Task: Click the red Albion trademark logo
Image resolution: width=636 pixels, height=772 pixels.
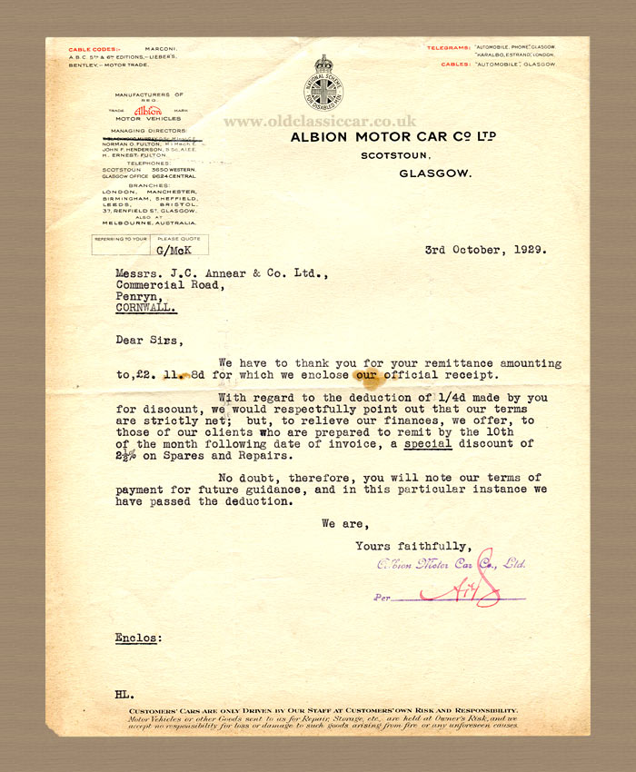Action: (x=148, y=109)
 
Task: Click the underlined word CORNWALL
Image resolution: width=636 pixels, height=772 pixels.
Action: (x=146, y=308)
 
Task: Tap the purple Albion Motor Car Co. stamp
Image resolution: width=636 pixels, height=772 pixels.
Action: (x=451, y=564)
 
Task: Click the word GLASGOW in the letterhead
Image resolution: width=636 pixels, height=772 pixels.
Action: (x=434, y=171)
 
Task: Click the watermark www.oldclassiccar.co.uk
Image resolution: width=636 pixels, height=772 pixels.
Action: (x=319, y=121)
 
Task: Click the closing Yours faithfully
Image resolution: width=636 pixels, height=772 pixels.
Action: (x=413, y=546)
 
